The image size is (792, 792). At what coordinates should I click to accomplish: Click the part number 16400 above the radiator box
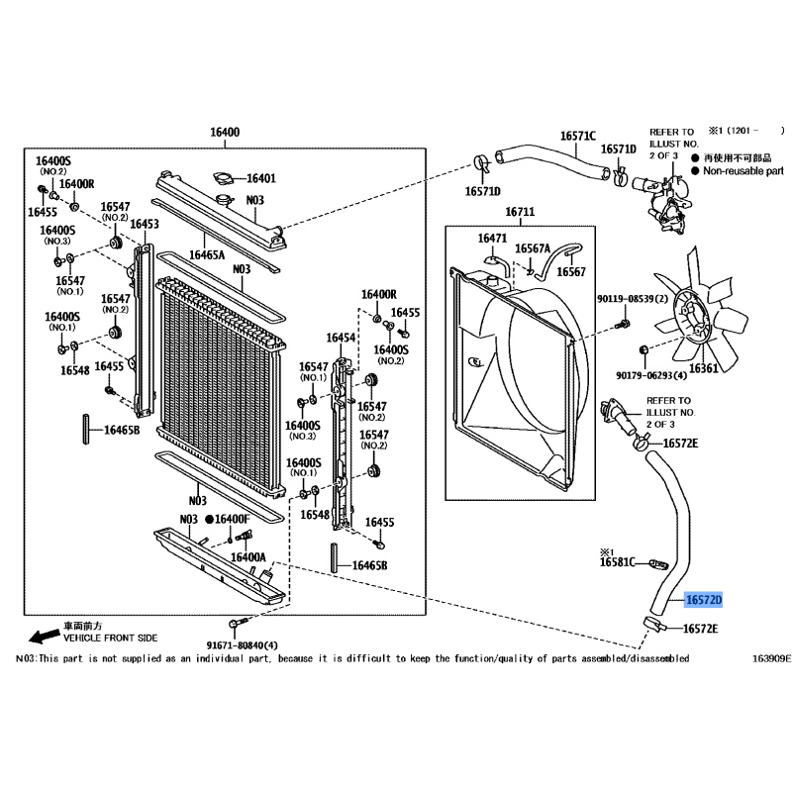225,133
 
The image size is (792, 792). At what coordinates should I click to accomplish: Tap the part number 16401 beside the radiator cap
260,179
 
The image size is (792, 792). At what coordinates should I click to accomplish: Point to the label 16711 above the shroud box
520,212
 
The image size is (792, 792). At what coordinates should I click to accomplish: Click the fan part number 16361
704,368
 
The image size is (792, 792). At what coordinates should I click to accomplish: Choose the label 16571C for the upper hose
578,136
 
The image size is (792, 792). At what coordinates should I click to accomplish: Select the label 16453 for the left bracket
145,225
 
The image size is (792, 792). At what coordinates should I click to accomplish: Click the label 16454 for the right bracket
341,338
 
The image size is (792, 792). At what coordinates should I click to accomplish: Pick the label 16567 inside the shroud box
570,271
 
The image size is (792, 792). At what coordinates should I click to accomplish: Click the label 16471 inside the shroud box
492,239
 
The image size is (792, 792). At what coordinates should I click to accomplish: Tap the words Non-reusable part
742,171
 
